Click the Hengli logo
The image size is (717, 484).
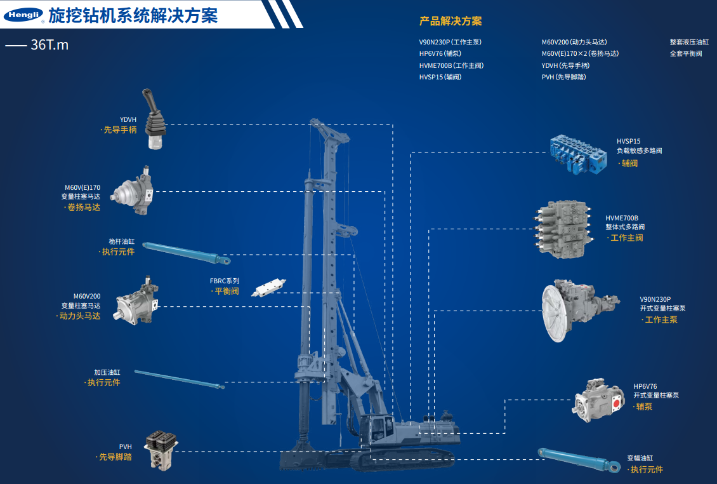pyautogui.click(x=23, y=15)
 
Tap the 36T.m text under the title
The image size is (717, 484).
pyautogui.click(x=49, y=45)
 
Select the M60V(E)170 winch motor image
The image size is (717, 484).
pyautogui.click(x=132, y=191)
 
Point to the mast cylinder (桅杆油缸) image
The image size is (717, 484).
pyautogui.click(x=187, y=253)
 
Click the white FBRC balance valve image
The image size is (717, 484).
pyautogui.click(x=268, y=287)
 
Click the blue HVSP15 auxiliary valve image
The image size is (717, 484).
pyautogui.click(x=579, y=154)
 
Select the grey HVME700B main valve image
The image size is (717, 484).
pyautogui.click(x=564, y=229)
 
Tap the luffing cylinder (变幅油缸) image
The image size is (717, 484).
pyautogui.click(x=579, y=459)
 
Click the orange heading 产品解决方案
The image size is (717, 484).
pyautogui.click(x=451, y=21)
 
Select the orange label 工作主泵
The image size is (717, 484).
pyautogui.click(x=661, y=319)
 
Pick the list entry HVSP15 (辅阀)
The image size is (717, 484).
pyautogui.click(x=440, y=77)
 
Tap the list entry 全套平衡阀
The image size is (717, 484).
pyautogui.click(x=686, y=53)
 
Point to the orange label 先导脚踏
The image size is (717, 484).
pyautogui.click(x=115, y=457)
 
